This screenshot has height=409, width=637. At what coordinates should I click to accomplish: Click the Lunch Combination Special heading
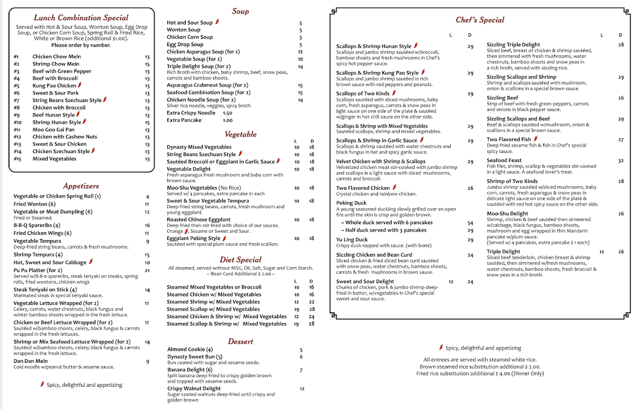81,18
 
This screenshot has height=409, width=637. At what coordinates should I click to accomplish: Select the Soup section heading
240,11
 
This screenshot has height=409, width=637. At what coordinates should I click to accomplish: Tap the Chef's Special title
480,20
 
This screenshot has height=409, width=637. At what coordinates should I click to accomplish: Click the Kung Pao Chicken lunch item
54,86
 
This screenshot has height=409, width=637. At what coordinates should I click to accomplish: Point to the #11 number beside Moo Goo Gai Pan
17,130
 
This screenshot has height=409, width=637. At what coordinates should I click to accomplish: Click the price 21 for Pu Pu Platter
147,270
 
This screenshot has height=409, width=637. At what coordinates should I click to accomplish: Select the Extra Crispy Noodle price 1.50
227,113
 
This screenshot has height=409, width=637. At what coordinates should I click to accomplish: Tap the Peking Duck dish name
351,203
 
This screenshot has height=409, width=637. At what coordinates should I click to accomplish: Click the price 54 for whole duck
470,223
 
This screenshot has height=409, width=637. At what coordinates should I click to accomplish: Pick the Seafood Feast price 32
621,160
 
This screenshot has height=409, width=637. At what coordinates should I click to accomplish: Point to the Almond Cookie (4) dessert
190,350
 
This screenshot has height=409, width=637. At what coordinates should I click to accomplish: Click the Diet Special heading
240,260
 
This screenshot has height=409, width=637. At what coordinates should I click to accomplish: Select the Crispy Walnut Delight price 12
302,389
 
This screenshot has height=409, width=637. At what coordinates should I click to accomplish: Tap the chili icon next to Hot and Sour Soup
217,23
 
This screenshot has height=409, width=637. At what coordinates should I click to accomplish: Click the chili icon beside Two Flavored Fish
535,139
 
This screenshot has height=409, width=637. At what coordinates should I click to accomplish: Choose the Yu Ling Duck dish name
352,240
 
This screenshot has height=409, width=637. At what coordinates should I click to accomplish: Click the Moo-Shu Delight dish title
507,214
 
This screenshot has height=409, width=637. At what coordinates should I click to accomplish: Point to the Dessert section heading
240,342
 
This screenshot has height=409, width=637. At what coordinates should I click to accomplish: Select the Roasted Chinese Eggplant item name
199,219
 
